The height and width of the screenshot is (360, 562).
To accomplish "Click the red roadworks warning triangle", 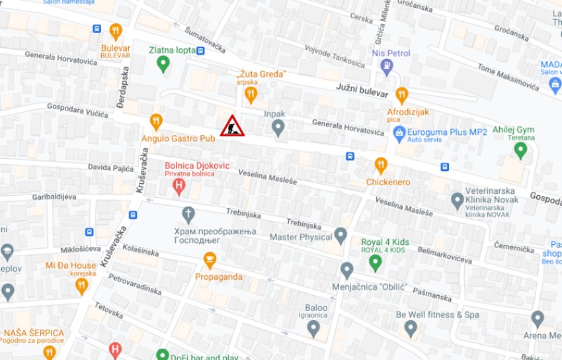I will (x=232, y=126).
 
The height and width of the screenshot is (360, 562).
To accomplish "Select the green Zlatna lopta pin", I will (x=163, y=64).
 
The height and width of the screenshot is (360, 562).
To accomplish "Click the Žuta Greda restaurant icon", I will (x=250, y=95).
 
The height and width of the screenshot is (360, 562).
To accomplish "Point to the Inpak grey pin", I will (x=278, y=127).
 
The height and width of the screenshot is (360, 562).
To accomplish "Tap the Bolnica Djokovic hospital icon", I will (x=178, y=187).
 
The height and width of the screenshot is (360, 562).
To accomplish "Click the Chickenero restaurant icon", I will (x=381, y=165).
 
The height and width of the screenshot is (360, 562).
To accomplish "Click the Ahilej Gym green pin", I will (x=521, y=150).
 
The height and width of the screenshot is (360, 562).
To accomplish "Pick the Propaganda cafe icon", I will (x=210, y=260).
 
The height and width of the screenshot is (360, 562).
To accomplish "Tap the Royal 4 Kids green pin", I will (x=376, y=263).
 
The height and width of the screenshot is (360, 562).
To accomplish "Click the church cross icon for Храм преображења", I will (x=188, y=214).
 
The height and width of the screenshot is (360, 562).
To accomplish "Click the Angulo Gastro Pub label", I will (x=179, y=138).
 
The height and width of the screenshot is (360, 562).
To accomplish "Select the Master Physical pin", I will (x=341, y=236).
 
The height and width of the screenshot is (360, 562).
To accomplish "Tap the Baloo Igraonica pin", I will (x=313, y=328).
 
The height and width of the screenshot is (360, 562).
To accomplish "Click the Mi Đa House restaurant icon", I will (x=81, y=286).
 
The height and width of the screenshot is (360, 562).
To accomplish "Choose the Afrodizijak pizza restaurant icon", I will (x=401, y=95).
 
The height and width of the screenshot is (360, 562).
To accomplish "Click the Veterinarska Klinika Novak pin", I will (x=457, y=201).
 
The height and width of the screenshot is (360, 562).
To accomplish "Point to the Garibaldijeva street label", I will (x=50, y=197).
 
